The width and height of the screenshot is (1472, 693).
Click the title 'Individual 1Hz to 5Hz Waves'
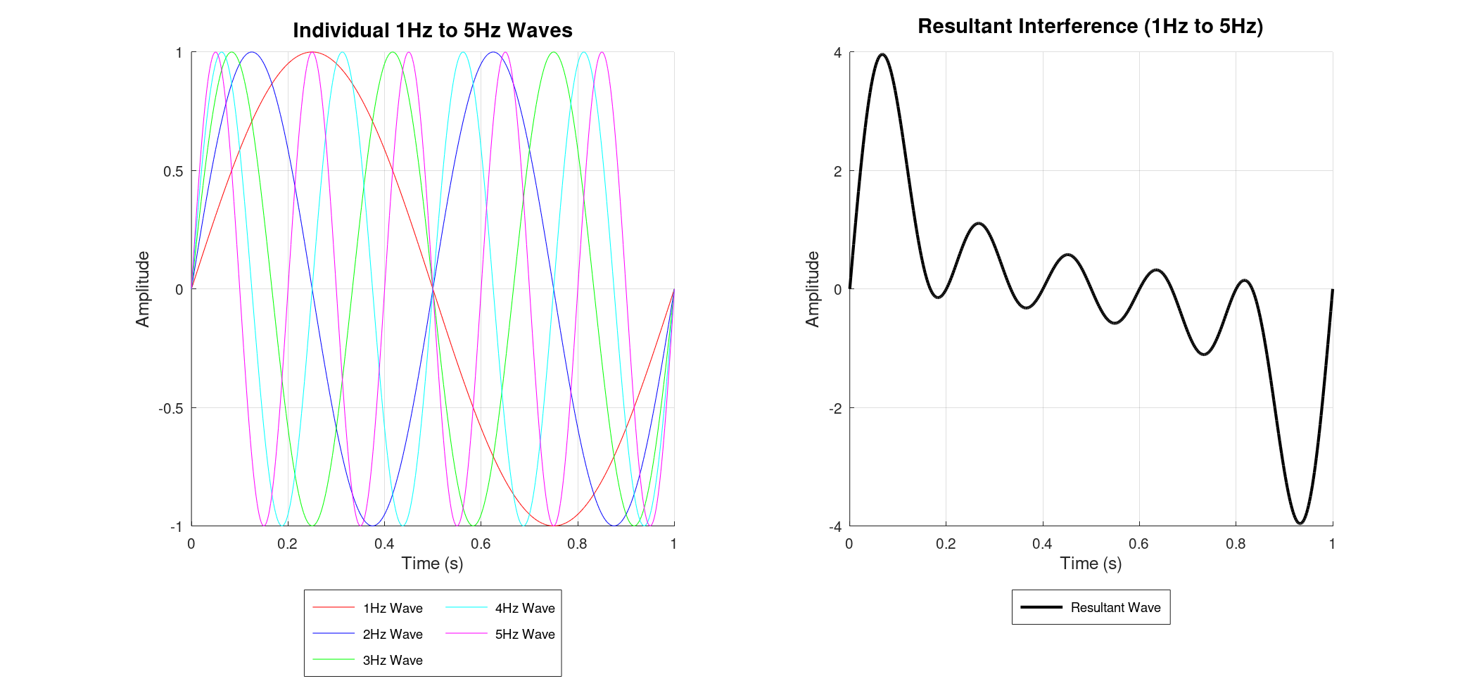432,30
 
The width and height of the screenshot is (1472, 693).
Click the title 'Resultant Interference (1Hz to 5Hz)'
1090,26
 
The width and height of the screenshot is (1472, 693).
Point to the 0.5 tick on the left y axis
173,171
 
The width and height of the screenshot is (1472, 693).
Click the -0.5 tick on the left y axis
171,408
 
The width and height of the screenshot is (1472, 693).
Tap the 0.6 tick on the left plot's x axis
481,544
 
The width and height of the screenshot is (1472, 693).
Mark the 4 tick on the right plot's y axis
837,53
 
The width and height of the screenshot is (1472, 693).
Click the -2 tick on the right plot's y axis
835,408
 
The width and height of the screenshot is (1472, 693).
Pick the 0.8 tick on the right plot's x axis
1236,544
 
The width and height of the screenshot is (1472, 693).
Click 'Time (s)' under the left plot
432,563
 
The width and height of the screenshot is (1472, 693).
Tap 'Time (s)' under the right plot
1091,563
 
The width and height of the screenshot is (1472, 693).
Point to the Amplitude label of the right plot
813,288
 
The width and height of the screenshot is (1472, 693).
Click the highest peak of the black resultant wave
882,54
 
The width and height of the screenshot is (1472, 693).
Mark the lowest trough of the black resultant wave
1300,523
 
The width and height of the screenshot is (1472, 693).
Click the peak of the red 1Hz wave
312,52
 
